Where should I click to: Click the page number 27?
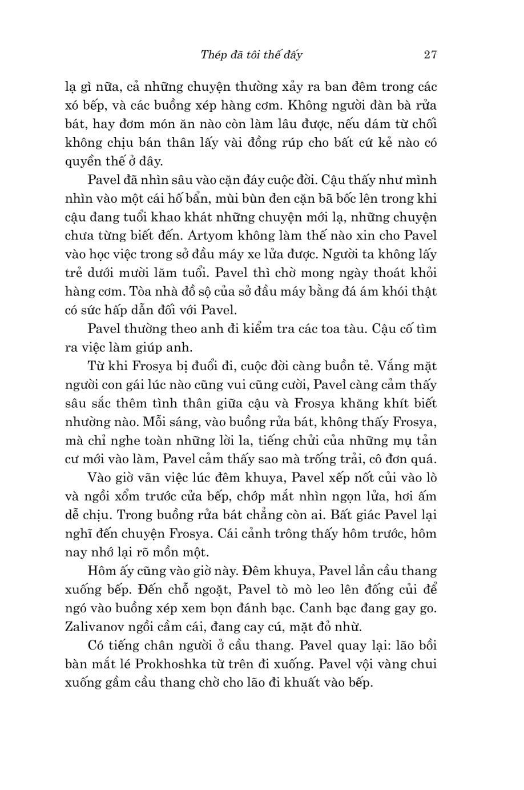pyautogui.click(x=430, y=55)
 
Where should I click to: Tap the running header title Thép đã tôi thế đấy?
pyautogui.click(x=252, y=55)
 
